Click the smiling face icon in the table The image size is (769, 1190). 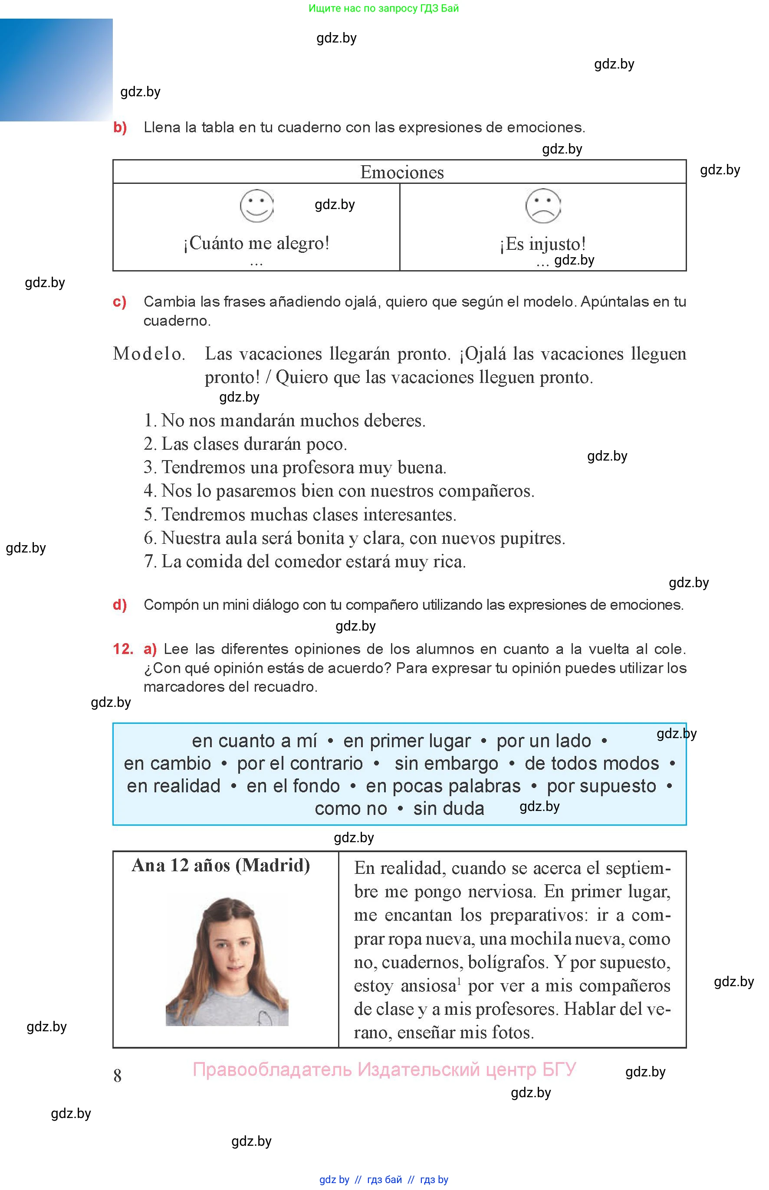tap(256, 206)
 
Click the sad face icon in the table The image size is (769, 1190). tap(543, 206)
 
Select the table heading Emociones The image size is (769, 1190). tap(402, 172)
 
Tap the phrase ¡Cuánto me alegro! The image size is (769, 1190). tap(256, 243)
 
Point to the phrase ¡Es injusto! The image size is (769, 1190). tap(543, 245)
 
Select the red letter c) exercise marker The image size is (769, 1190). tap(119, 301)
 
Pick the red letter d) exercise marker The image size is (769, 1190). tap(119, 605)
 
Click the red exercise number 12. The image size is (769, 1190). tap(123, 649)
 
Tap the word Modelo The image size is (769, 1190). tap(149, 354)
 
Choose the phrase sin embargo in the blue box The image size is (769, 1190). tap(447, 763)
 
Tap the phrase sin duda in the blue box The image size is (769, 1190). tap(448, 808)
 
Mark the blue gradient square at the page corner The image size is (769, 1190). tap(56, 70)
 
